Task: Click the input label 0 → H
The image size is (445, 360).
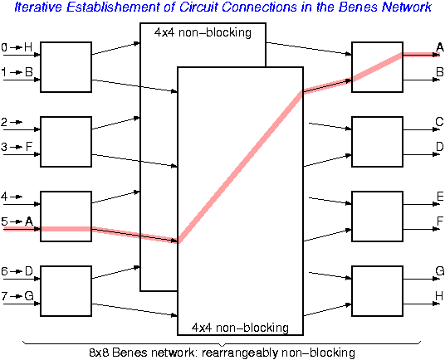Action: pos(17,47)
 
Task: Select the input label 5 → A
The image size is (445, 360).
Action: pos(17,221)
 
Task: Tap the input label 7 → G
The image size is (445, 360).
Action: pos(17,295)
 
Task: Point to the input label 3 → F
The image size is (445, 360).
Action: pos(17,147)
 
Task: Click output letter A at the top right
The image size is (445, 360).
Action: pos(439,47)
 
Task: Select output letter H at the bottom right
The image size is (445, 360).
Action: pos(439,296)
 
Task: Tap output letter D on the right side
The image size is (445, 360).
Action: pos(439,147)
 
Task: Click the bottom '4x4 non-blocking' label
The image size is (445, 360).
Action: pos(240,327)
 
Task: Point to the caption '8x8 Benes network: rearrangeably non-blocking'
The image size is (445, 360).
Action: pos(222,352)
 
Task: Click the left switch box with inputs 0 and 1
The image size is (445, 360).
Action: pos(66,66)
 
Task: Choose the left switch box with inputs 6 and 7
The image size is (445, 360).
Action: pos(66,290)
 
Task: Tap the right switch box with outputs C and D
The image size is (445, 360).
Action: pos(377,141)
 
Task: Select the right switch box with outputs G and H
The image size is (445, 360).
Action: pos(377,290)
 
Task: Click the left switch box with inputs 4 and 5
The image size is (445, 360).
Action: pos(66,216)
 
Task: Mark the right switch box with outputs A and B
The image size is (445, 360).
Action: pos(377,66)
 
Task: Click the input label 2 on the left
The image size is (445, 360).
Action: pos(4,122)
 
